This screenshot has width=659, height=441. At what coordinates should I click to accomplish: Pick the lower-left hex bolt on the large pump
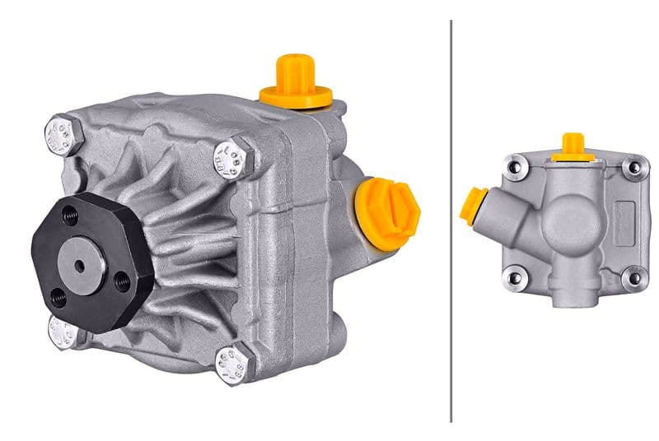pyautogui.click(x=63, y=332)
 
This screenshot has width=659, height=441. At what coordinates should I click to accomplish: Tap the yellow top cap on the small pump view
pyautogui.click(x=573, y=147)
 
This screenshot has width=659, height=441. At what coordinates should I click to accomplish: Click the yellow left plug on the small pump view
pyautogui.click(x=473, y=206)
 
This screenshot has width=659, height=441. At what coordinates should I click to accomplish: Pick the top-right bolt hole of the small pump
pyautogui.click(x=633, y=169)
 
